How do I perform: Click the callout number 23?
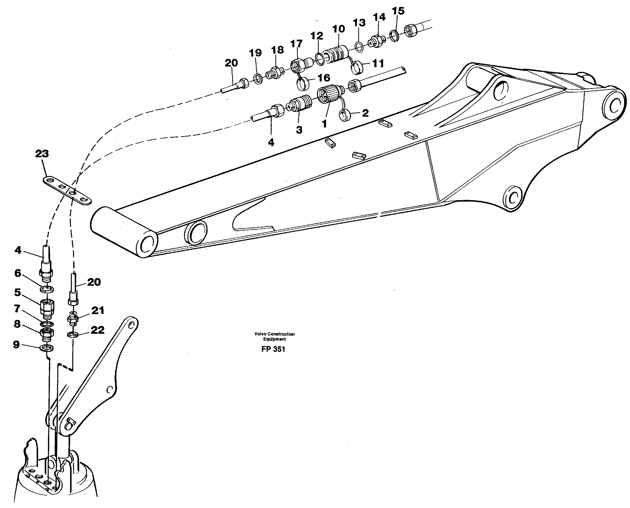click(42, 154)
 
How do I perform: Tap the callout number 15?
click(398, 11)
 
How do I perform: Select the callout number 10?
click(339, 29)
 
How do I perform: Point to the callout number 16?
click(324, 78)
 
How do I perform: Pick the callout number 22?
click(97, 330)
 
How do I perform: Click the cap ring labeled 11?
click(357, 68)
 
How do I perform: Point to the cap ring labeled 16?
click(303, 84)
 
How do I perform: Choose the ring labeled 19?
click(258, 79)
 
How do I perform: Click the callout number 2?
click(365, 113)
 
